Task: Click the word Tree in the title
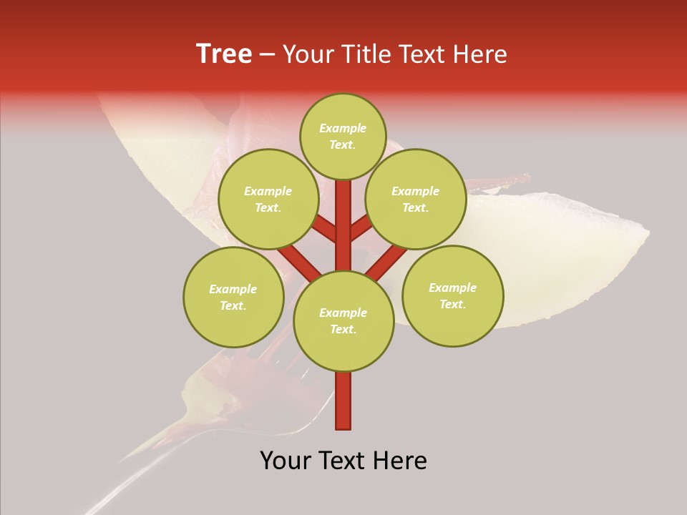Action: (224, 54)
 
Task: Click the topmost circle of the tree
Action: (343, 136)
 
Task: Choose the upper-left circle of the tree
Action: (268, 199)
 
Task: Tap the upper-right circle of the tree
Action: (416, 199)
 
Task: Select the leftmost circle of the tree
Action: (233, 297)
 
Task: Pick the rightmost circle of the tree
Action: (452, 295)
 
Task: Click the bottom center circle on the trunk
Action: (343, 320)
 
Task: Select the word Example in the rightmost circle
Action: (452, 288)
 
